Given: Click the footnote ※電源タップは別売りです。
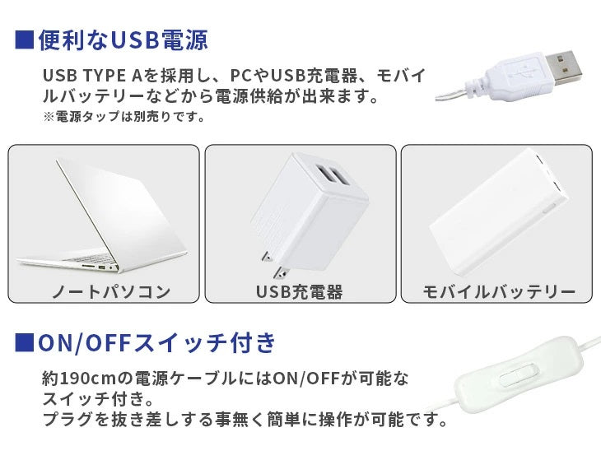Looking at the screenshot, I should (124, 118).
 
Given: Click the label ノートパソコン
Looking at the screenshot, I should (104, 291).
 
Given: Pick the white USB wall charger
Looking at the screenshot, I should (305, 214).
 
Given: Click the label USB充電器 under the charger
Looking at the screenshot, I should (300, 291).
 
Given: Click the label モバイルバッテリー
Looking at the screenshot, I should (498, 291).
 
